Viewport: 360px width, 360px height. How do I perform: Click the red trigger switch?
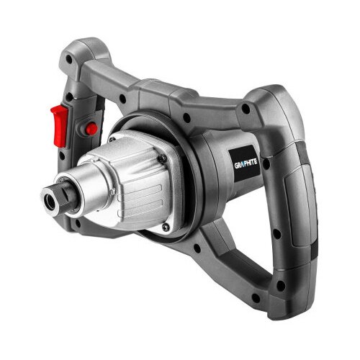(x=59, y=126)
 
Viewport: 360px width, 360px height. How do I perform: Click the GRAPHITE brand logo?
(x=246, y=163)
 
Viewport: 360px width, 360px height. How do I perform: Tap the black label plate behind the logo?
(x=244, y=163)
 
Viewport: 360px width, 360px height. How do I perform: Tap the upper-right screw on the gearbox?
(x=163, y=158)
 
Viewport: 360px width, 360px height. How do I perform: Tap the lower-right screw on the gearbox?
(x=166, y=227)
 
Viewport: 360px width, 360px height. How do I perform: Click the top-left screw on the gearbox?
(x=112, y=140)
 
